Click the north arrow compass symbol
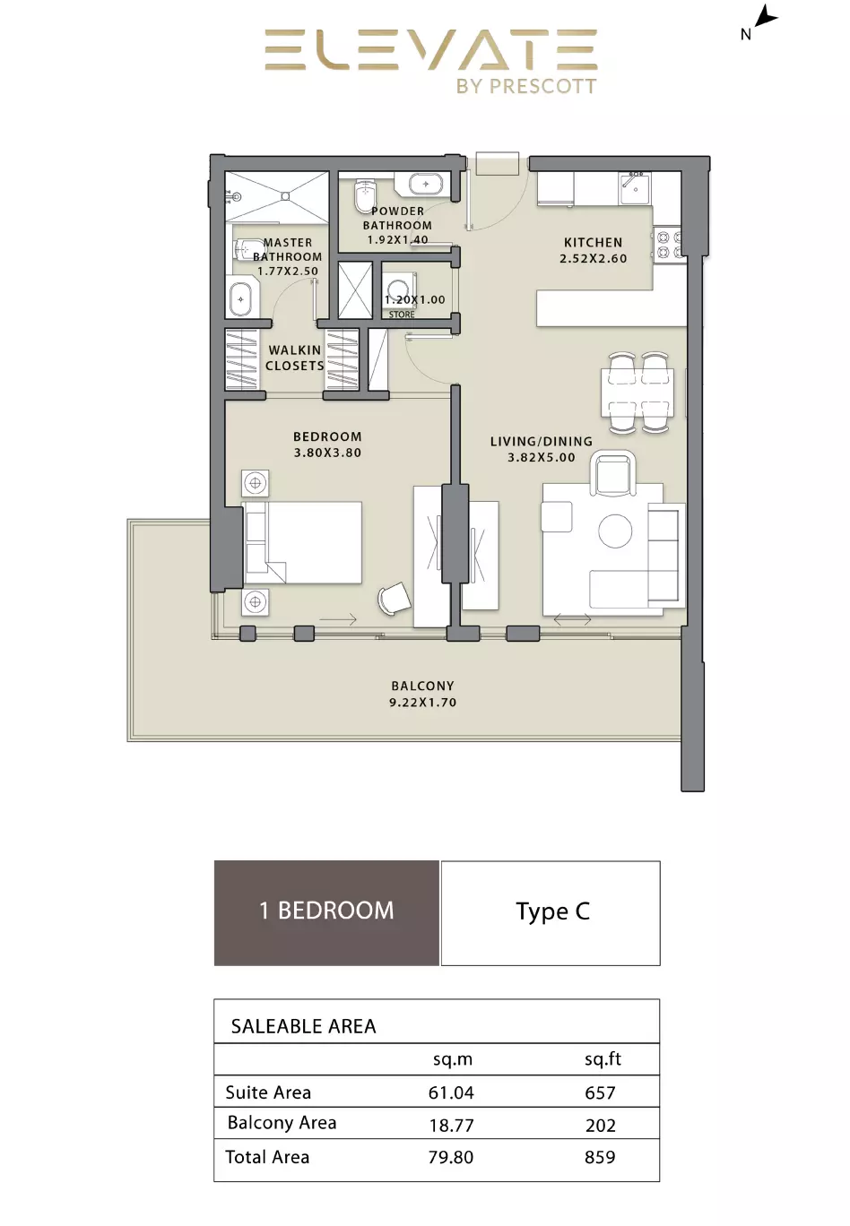pos(765,16)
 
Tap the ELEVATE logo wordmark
pos(431,50)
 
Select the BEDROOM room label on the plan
pos(327,436)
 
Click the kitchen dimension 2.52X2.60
pos(594,258)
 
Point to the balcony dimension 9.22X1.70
pos(423,703)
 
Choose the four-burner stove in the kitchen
pos(669,245)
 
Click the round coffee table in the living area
pos(615,531)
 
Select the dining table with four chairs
pos(637,393)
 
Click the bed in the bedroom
pos(302,542)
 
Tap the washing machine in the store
pos(399,289)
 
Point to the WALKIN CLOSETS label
pos(295,358)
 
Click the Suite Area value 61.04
pos(451,1092)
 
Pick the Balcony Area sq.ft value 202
pos(600,1126)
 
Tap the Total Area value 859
pos(600,1157)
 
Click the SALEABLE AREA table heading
pos(303,1026)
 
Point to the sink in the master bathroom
pos(241,298)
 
